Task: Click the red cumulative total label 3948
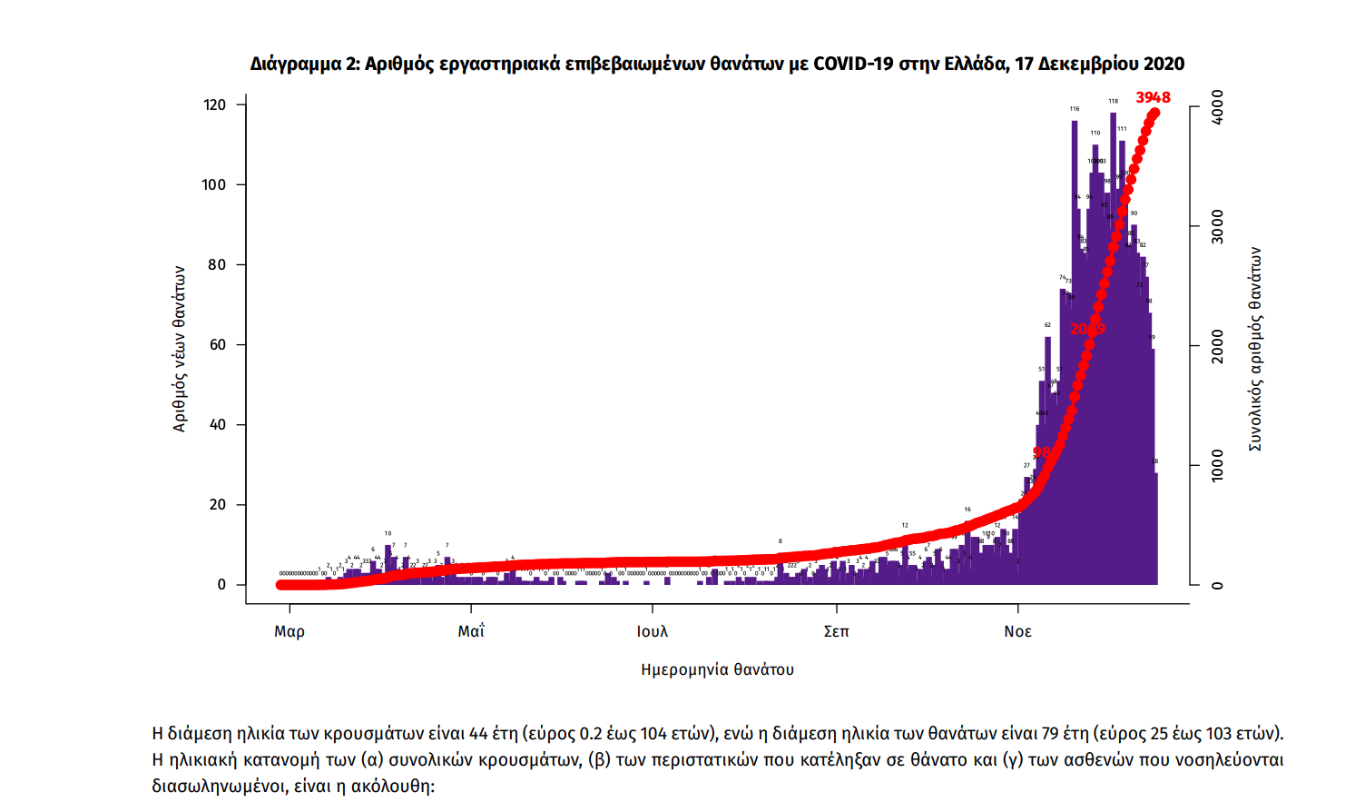tap(1153, 97)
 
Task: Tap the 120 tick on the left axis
tap(214, 104)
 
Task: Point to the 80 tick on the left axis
tap(217, 264)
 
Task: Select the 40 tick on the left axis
tap(217, 424)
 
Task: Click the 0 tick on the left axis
tap(221, 584)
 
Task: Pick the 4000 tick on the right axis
tap(1217, 106)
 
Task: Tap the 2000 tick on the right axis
tap(1217, 346)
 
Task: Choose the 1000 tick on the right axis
tap(1217, 466)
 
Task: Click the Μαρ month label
tap(290, 631)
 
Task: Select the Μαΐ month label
tap(471, 631)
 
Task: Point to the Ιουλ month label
tap(652, 631)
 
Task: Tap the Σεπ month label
tap(836, 631)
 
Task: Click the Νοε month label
tap(1017, 631)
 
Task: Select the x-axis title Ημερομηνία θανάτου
tap(717, 669)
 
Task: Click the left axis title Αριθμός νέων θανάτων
tap(179, 348)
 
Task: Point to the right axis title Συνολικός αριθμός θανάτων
tap(1255, 348)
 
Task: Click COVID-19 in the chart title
tap(854, 64)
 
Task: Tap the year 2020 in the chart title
tap(1164, 64)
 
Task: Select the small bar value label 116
tap(1075, 109)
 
